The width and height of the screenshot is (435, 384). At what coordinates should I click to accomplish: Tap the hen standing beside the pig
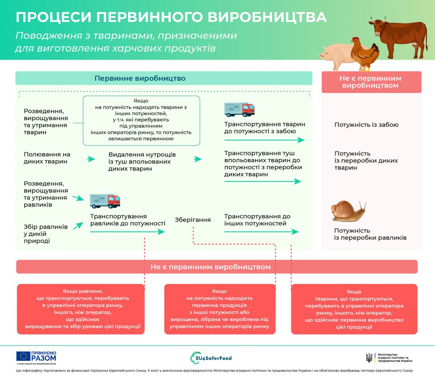(x=365, y=54)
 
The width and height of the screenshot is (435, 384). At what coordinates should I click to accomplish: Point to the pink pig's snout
(x=321, y=55)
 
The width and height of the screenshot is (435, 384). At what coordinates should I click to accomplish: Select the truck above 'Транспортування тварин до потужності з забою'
(x=239, y=109)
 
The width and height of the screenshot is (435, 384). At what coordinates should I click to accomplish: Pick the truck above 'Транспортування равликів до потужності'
(x=105, y=201)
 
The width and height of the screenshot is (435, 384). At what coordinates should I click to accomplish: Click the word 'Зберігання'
(x=193, y=220)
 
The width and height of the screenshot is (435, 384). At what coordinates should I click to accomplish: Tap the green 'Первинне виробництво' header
(x=164, y=78)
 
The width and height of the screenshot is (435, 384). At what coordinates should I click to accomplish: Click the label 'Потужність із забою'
(x=366, y=125)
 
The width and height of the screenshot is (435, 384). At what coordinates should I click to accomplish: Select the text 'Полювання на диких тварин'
(x=47, y=158)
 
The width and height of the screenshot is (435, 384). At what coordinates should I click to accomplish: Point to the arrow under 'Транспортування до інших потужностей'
(x=261, y=232)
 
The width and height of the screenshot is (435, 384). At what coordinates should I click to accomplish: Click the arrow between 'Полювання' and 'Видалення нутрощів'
(x=91, y=159)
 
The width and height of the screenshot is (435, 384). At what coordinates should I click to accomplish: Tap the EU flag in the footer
(x=23, y=356)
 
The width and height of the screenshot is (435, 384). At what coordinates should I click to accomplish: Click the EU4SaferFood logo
(x=211, y=358)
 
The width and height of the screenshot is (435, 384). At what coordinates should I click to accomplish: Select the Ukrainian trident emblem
(x=369, y=358)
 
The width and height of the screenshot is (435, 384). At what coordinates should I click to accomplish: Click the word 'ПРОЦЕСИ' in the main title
(x=53, y=17)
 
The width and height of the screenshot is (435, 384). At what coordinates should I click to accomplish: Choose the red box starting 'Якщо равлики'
(x=81, y=309)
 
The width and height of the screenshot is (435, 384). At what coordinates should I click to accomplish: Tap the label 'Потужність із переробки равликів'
(x=370, y=234)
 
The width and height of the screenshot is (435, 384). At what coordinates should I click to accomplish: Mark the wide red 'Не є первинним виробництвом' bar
(x=217, y=267)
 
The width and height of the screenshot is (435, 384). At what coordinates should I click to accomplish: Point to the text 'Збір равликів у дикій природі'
(x=45, y=234)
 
